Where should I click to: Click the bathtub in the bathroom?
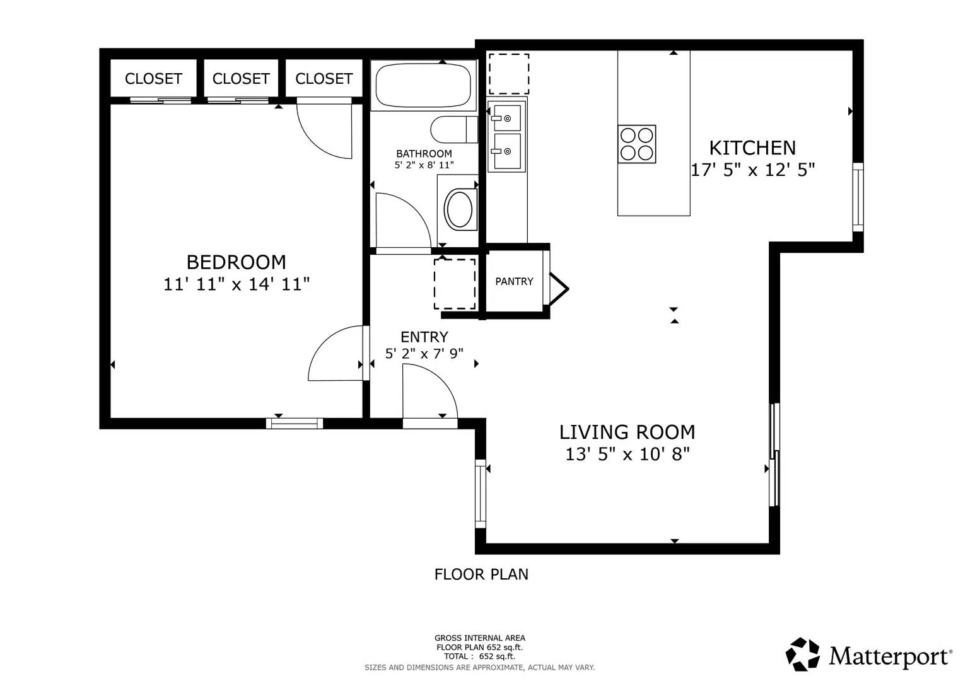(423, 86)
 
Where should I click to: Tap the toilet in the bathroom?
(454, 130)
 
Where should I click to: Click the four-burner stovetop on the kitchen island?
(636, 144)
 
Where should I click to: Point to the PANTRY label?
(514, 281)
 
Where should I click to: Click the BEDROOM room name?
(236, 262)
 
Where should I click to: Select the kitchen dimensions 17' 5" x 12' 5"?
(752, 170)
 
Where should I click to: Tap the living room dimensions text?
(627, 454)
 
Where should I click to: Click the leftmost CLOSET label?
(153, 79)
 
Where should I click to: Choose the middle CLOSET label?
(241, 79)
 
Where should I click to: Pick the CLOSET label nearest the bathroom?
(324, 79)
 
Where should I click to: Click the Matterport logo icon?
(803, 655)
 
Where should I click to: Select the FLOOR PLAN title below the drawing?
(481, 574)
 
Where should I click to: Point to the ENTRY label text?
(424, 337)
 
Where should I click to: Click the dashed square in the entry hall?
(454, 284)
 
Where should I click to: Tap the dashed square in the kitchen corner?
(508, 74)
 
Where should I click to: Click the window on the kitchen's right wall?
(858, 197)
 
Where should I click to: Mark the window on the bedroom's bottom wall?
(295, 423)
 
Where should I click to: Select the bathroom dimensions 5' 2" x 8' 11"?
(424, 165)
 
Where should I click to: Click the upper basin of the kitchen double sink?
(507, 118)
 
